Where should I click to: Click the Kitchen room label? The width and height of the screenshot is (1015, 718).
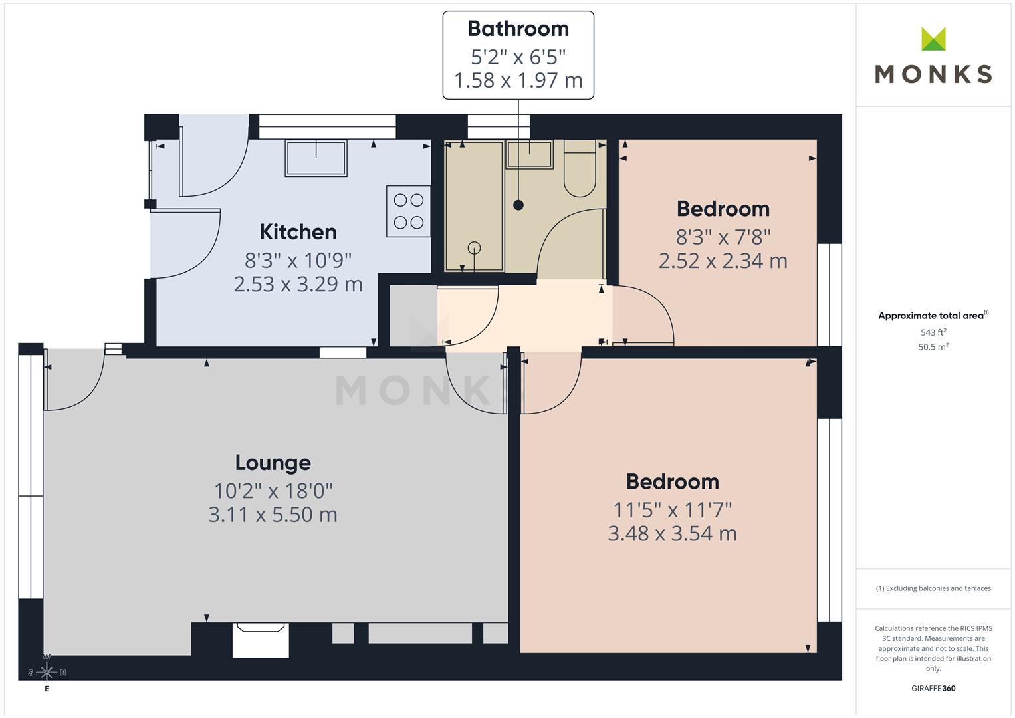(x=298, y=232)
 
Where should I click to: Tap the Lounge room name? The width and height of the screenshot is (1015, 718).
(x=273, y=463)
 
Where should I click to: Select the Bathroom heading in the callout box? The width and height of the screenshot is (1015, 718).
(x=518, y=29)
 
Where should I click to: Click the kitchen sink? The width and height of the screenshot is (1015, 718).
(x=316, y=158)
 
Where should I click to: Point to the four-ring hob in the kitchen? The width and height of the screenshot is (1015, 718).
(x=408, y=211)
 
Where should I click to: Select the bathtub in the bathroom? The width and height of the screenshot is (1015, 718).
(x=473, y=206)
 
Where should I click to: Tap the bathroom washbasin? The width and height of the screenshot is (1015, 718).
(x=529, y=154)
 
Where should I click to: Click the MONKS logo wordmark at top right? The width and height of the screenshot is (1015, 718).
(x=933, y=73)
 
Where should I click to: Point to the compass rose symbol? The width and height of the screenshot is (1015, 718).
(x=47, y=672)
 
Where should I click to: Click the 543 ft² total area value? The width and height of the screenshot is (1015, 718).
(x=933, y=332)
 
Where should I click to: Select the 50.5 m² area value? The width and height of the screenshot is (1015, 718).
(x=933, y=346)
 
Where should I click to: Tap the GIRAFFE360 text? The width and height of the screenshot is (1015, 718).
(x=933, y=688)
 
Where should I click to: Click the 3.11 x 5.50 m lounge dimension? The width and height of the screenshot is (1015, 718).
(x=273, y=515)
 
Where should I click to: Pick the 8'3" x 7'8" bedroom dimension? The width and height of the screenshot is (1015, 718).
(x=723, y=237)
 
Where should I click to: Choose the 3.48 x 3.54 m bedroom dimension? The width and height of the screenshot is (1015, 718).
(x=672, y=533)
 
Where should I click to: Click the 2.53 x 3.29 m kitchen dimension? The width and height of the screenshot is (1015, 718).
(x=298, y=284)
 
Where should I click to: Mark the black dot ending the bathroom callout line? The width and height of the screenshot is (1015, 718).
(x=518, y=205)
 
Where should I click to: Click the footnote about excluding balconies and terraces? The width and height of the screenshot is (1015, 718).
(x=933, y=588)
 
